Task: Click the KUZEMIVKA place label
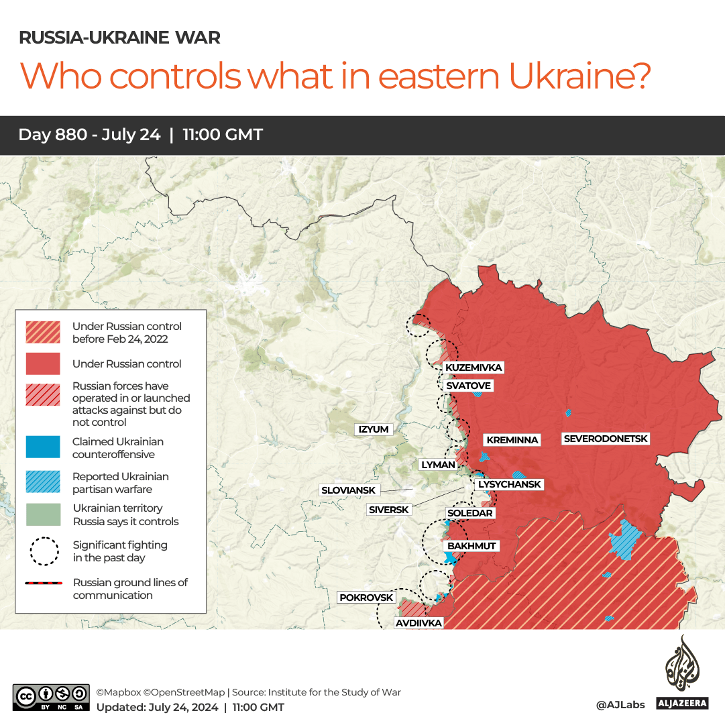coord(473,368)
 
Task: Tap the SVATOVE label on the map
coord(469,386)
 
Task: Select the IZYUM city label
coord(374,429)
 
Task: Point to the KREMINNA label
coord(512,440)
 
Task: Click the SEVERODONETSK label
coord(606,439)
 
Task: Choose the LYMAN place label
coord(437,464)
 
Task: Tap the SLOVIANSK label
coord(348,490)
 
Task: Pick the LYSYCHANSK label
coord(509,484)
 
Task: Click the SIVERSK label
coord(388,510)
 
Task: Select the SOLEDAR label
coord(469,513)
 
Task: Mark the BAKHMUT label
coord(471,546)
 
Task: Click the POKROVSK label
coord(366,597)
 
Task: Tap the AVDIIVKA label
coord(419,623)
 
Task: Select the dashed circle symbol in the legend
coord(43,551)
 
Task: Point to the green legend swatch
coord(43,514)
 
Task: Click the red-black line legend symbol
coord(43,583)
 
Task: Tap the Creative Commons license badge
coord(51,697)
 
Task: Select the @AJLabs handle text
coord(620,705)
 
